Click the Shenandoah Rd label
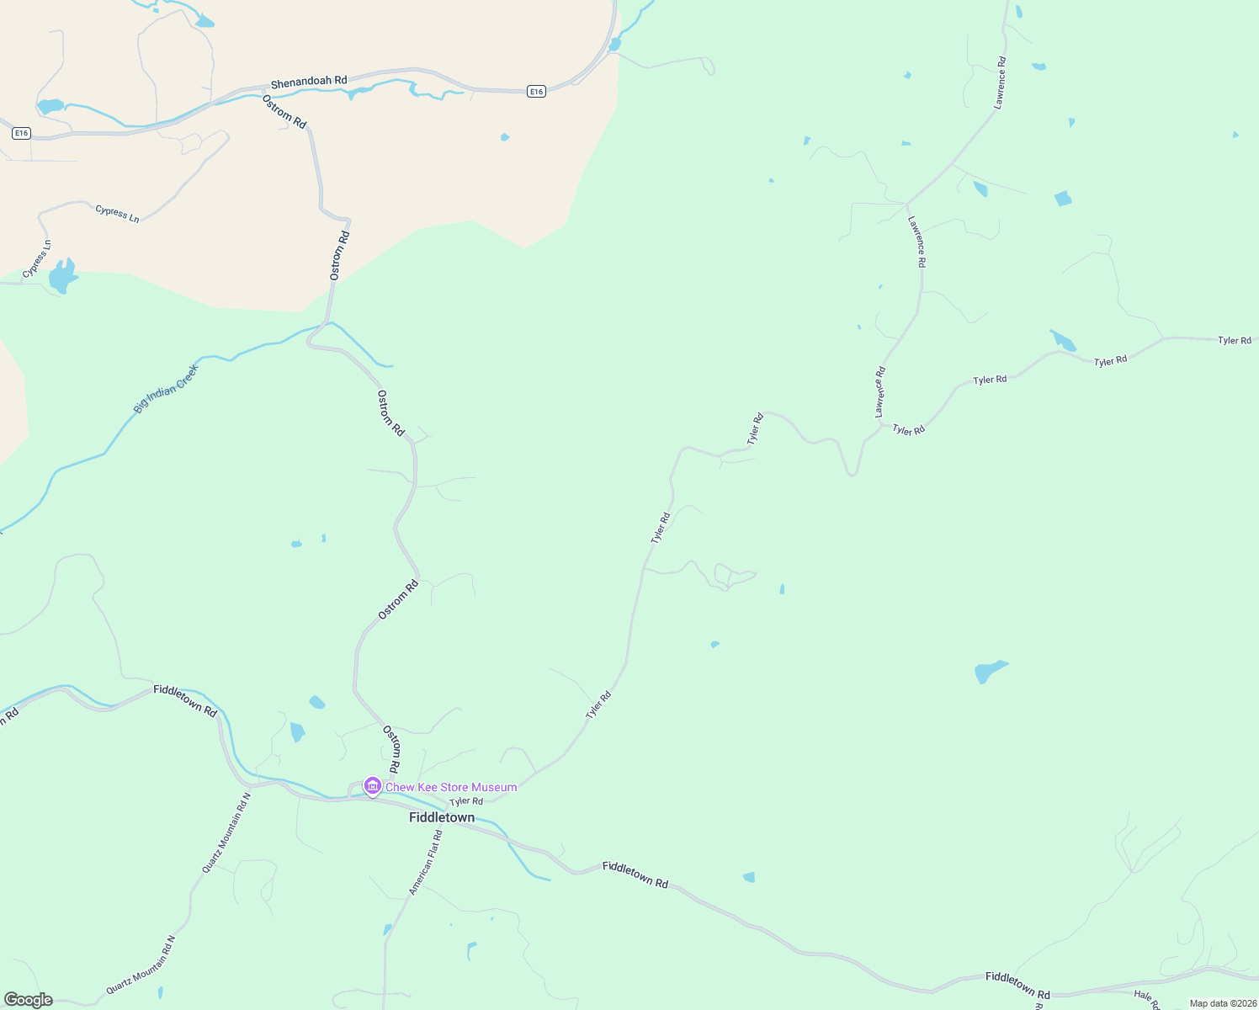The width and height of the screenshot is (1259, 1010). pos(308,82)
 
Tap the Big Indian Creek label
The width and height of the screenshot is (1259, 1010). pos(166,389)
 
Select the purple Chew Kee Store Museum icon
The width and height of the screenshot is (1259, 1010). pos(372,786)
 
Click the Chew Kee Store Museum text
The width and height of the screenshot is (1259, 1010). pos(451,788)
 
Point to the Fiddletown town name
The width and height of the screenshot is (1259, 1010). pos(442,818)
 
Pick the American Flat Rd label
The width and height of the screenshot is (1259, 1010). pos(425,863)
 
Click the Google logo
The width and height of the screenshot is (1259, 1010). pos(28,1000)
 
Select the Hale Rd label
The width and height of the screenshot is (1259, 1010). pos(1147,1000)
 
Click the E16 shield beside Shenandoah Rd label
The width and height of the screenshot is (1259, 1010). pos(537,91)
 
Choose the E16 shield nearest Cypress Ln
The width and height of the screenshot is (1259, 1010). pos(22,133)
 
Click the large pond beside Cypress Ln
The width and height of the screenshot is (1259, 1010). pos(61,276)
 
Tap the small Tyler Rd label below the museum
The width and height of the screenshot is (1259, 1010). pos(466,802)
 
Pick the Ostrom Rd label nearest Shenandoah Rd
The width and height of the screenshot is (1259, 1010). pos(284,111)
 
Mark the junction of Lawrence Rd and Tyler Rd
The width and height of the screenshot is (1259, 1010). pos(880,423)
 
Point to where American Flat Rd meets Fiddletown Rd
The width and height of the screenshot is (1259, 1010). pos(444,825)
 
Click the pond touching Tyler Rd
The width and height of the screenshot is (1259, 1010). pos(1063,341)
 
